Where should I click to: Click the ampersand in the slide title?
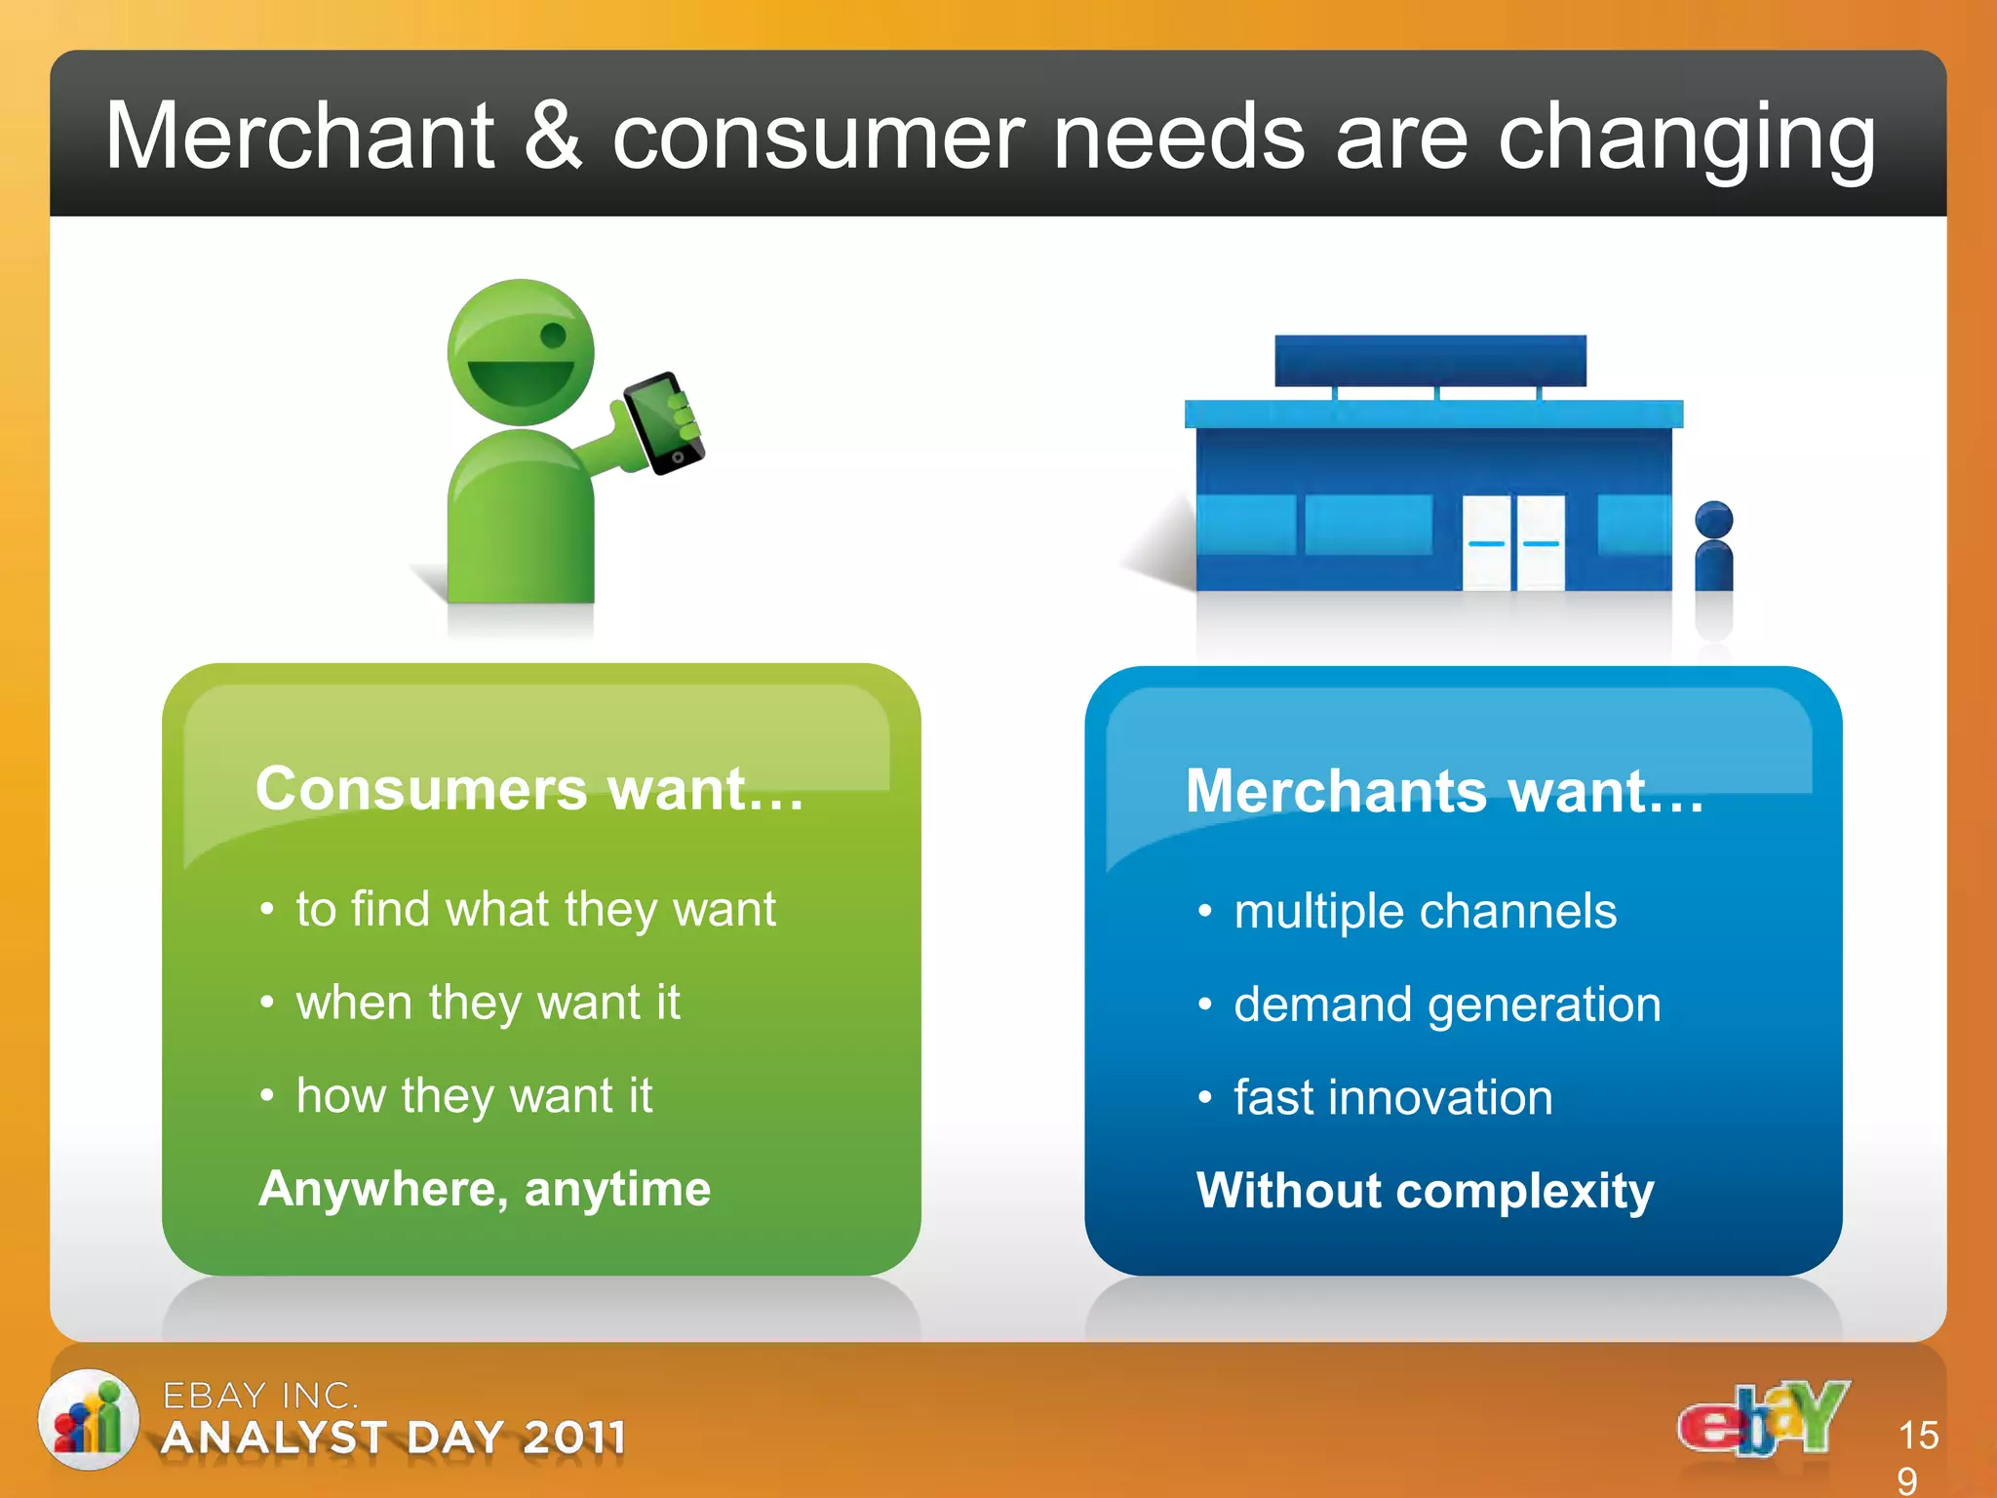553,138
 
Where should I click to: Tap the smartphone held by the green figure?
663,423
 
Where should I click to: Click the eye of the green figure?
553,336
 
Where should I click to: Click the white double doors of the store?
1513,542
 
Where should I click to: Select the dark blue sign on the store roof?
1429,360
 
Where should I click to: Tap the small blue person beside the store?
1713,547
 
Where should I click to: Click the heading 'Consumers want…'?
529,788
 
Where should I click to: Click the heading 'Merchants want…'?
1444,791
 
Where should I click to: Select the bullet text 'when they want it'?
488,1003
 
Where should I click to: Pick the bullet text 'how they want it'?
474,1095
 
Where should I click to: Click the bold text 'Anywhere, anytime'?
485,1189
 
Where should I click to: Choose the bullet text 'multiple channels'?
1425,912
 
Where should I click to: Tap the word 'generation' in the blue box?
1544,1005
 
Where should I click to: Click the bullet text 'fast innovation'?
1392,1098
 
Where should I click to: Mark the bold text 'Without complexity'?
1425,1191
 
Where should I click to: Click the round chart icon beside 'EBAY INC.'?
88,1420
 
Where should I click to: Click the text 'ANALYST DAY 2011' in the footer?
393,1438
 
